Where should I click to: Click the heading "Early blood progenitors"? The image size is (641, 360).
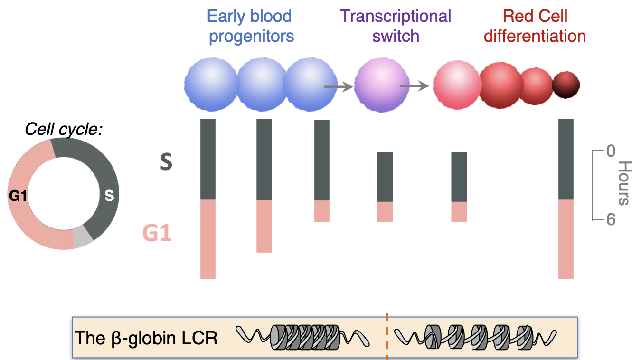250,26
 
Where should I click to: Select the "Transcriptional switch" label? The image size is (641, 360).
396,26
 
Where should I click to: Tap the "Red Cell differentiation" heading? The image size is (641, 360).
535,26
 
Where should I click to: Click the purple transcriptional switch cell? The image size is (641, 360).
382,85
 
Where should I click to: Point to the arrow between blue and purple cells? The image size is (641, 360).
339,87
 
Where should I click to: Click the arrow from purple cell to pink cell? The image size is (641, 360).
415,86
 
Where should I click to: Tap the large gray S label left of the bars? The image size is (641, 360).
166,162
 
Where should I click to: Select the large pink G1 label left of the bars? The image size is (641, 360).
157,234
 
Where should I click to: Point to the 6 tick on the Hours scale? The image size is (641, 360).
610,220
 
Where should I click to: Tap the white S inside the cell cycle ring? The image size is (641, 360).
109,195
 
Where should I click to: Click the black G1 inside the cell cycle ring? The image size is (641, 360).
18,195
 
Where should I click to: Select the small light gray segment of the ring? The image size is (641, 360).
83,237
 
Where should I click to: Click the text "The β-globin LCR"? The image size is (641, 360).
146,338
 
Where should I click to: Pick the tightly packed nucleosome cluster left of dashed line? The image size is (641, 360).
305,337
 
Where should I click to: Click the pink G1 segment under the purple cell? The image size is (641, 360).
385,212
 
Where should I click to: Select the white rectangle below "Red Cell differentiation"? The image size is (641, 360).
554,51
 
